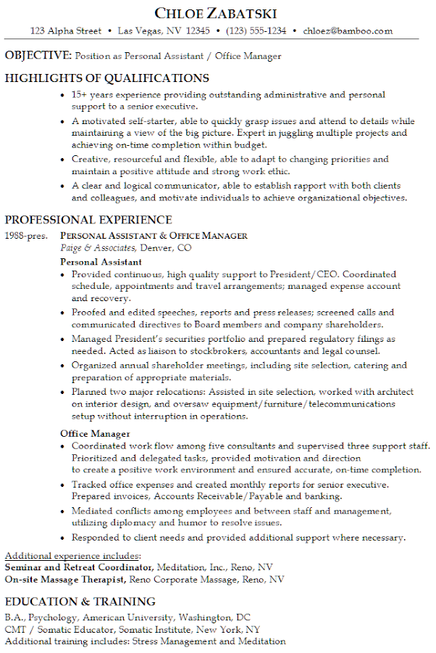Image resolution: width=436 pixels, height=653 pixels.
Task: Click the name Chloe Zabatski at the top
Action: tap(216, 14)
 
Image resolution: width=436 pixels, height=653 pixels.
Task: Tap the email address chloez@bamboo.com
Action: tap(348, 31)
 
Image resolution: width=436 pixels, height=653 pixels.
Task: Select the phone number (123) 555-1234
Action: tap(256, 31)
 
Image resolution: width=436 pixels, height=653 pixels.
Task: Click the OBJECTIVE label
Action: tap(38, 56)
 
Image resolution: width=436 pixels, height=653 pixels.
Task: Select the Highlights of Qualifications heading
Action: tap(107, 78)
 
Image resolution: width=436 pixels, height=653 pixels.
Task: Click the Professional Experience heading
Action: tap(88, 220)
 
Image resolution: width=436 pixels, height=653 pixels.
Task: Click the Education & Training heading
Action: tap(80, 601)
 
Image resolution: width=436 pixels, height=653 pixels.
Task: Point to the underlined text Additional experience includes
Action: tap(72, 556)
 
